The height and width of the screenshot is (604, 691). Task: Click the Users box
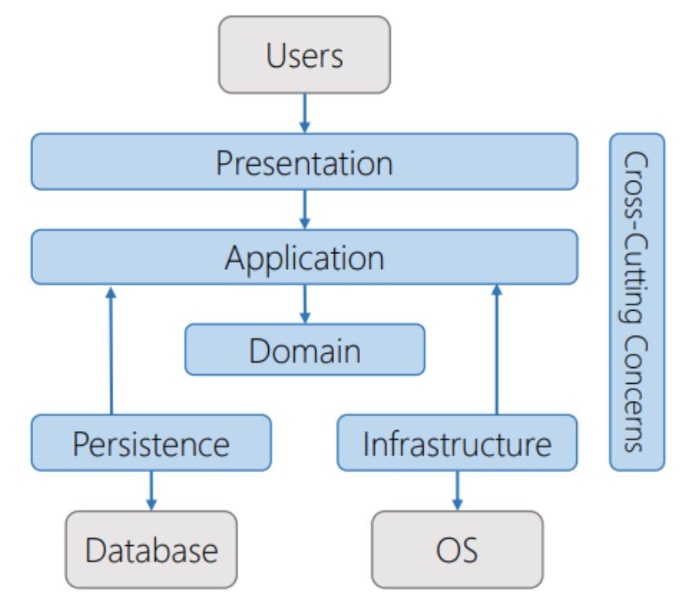[x=304, y=55]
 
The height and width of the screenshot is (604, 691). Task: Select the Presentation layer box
[x=304, y=162]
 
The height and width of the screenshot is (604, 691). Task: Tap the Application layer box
[x=304, y=257]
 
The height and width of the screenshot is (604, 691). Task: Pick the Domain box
[x=305, y=350]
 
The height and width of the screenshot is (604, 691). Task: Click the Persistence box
[x=151, y=443]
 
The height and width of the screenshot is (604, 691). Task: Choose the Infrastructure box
[x=457, y=443]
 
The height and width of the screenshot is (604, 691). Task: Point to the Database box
[x=151, y=549]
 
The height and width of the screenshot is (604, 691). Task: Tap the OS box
[x=458, y=549]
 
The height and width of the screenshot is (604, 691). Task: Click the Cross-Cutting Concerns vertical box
[x=638, y=302]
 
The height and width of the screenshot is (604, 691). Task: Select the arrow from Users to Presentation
[x=304, y=113]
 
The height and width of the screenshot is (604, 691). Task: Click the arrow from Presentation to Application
[x=304, y=210]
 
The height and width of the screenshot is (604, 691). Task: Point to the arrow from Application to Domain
[x=304, y=304]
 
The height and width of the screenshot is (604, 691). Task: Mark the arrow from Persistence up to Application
[x=112, y=351]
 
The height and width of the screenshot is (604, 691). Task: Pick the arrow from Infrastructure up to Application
[x=497, y=350]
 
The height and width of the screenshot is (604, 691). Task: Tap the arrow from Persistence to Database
[x=151, y=491]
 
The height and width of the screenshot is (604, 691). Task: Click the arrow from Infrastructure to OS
[x=458, y=491]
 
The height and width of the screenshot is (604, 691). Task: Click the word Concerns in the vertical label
[x=636, y=394]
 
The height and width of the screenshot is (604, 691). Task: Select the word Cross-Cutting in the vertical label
[x=636, y=238]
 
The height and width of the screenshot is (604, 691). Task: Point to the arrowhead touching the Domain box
[x=304, y=318]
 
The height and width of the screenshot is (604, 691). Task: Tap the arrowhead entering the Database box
[x=151, y=505]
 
